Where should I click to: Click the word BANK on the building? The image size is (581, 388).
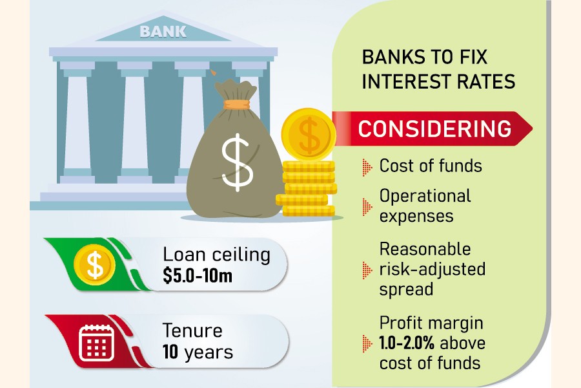click(x=163, y=32)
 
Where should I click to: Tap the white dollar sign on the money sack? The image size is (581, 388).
click(x=237, y=162)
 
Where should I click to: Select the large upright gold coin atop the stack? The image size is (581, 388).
click(x=309, y=135)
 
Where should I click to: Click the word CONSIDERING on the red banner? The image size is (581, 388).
click(x=434, y=129)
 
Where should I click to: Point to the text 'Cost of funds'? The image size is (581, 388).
click(x=431, y=166)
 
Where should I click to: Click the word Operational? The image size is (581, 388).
click(x=425, y=197)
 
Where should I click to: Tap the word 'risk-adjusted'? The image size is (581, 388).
click(x=433, y=269)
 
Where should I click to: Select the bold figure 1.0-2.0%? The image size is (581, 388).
click(x=407, y=343)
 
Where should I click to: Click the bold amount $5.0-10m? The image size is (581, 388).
click(x=198, y=276)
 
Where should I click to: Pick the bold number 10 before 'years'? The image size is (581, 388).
click(x=170, y=351)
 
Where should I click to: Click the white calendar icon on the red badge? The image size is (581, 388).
click(x=96, y=343)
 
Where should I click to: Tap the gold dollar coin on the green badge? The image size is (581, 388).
click(x=94, y=265)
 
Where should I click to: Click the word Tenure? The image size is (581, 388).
click(x=192, y=330)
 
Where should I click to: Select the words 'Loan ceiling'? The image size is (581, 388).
click(x=216, y=255)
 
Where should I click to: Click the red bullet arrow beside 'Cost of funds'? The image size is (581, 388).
click(x=367, y=167)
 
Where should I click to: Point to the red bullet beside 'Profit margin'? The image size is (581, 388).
click(x=367, y=343)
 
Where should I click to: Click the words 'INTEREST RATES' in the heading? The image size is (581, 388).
click(x=438, y=81)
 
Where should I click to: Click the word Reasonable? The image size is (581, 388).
click(x=425, y=249)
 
